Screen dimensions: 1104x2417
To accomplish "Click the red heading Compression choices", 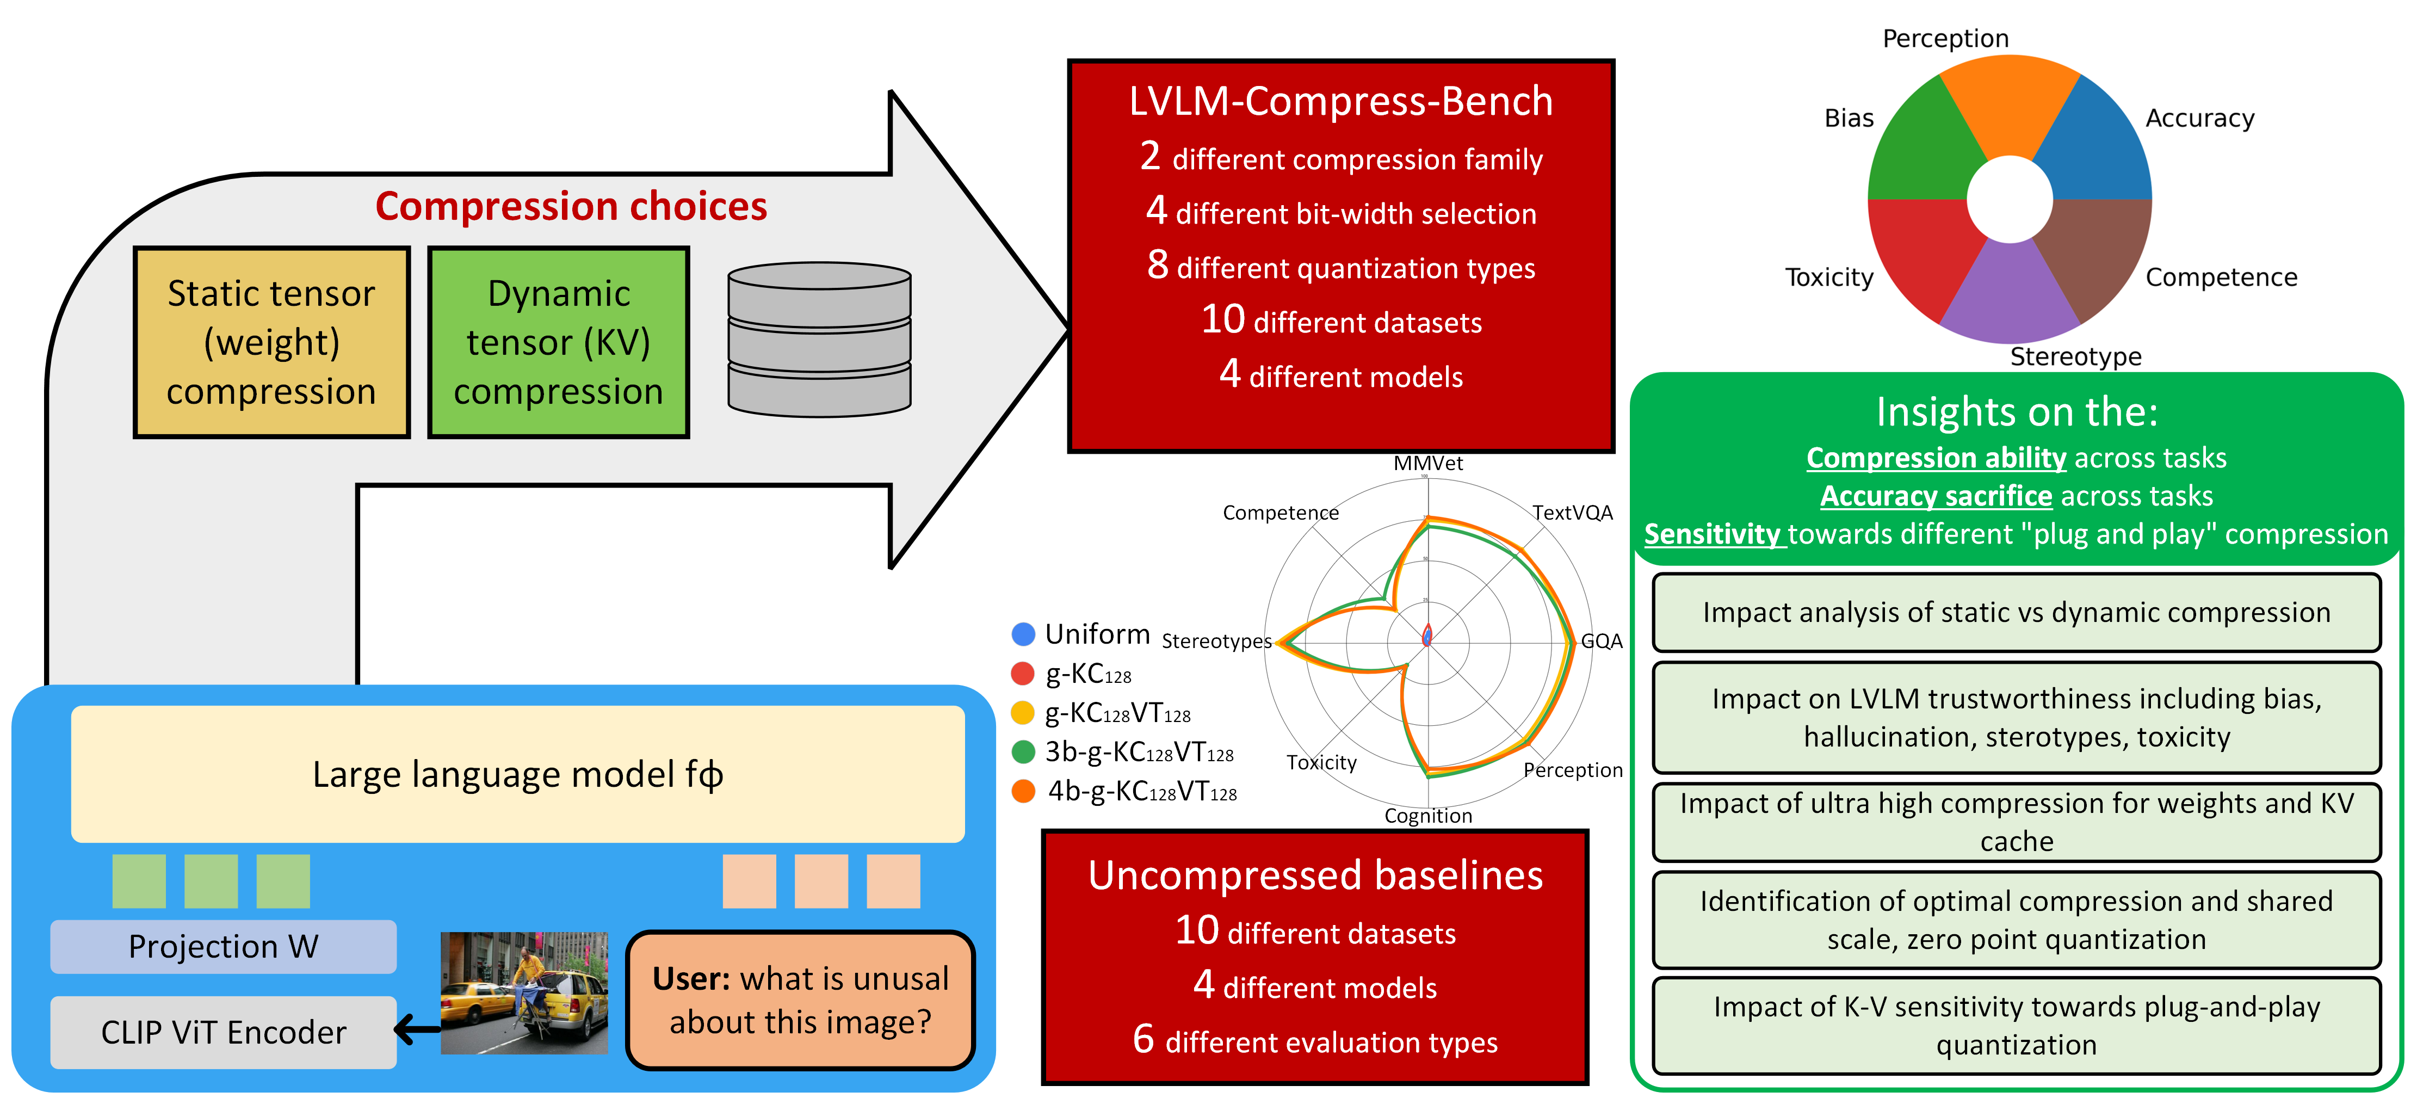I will tap(571, 207).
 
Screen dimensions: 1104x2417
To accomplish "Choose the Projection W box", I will tap(223, 946).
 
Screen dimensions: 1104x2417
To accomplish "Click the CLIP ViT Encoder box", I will tap(223, 1032).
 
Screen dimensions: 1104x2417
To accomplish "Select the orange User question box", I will tap(800, 1000).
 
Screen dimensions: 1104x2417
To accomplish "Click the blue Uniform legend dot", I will tap(1023, 634).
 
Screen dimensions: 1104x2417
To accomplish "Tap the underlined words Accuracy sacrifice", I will tap(1936, 496).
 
